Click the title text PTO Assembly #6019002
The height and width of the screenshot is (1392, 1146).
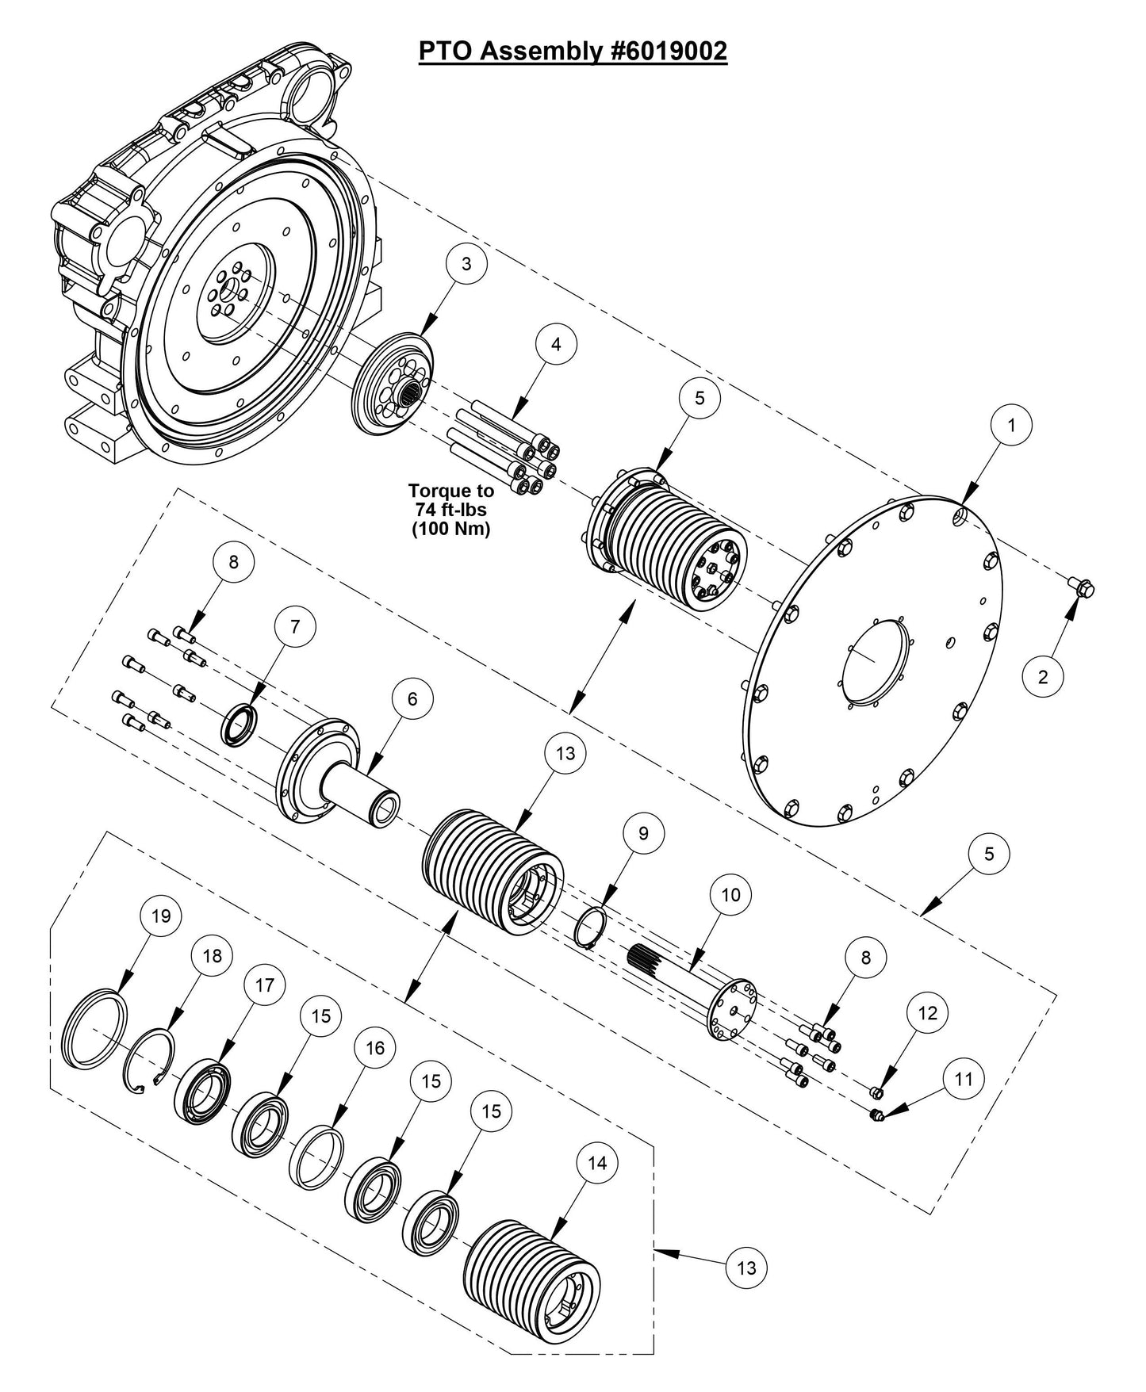(x=573, y=51)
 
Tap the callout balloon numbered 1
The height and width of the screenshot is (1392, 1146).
(x=1011, y=425)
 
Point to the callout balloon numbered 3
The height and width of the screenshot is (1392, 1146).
(x=466, y=264)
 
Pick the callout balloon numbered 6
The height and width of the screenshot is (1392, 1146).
(x=412, y=698)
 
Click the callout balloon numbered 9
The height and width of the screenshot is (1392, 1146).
(x=643, y=833)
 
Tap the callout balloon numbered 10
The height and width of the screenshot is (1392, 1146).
(x=730, y=895)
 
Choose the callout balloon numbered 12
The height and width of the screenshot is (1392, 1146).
(x=928, y=1012)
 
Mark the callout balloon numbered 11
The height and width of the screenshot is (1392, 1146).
(x=963, y=1079)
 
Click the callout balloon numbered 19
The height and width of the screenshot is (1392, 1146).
(x=161, y=916)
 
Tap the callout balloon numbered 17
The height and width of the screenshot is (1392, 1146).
(x=264, y=985)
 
